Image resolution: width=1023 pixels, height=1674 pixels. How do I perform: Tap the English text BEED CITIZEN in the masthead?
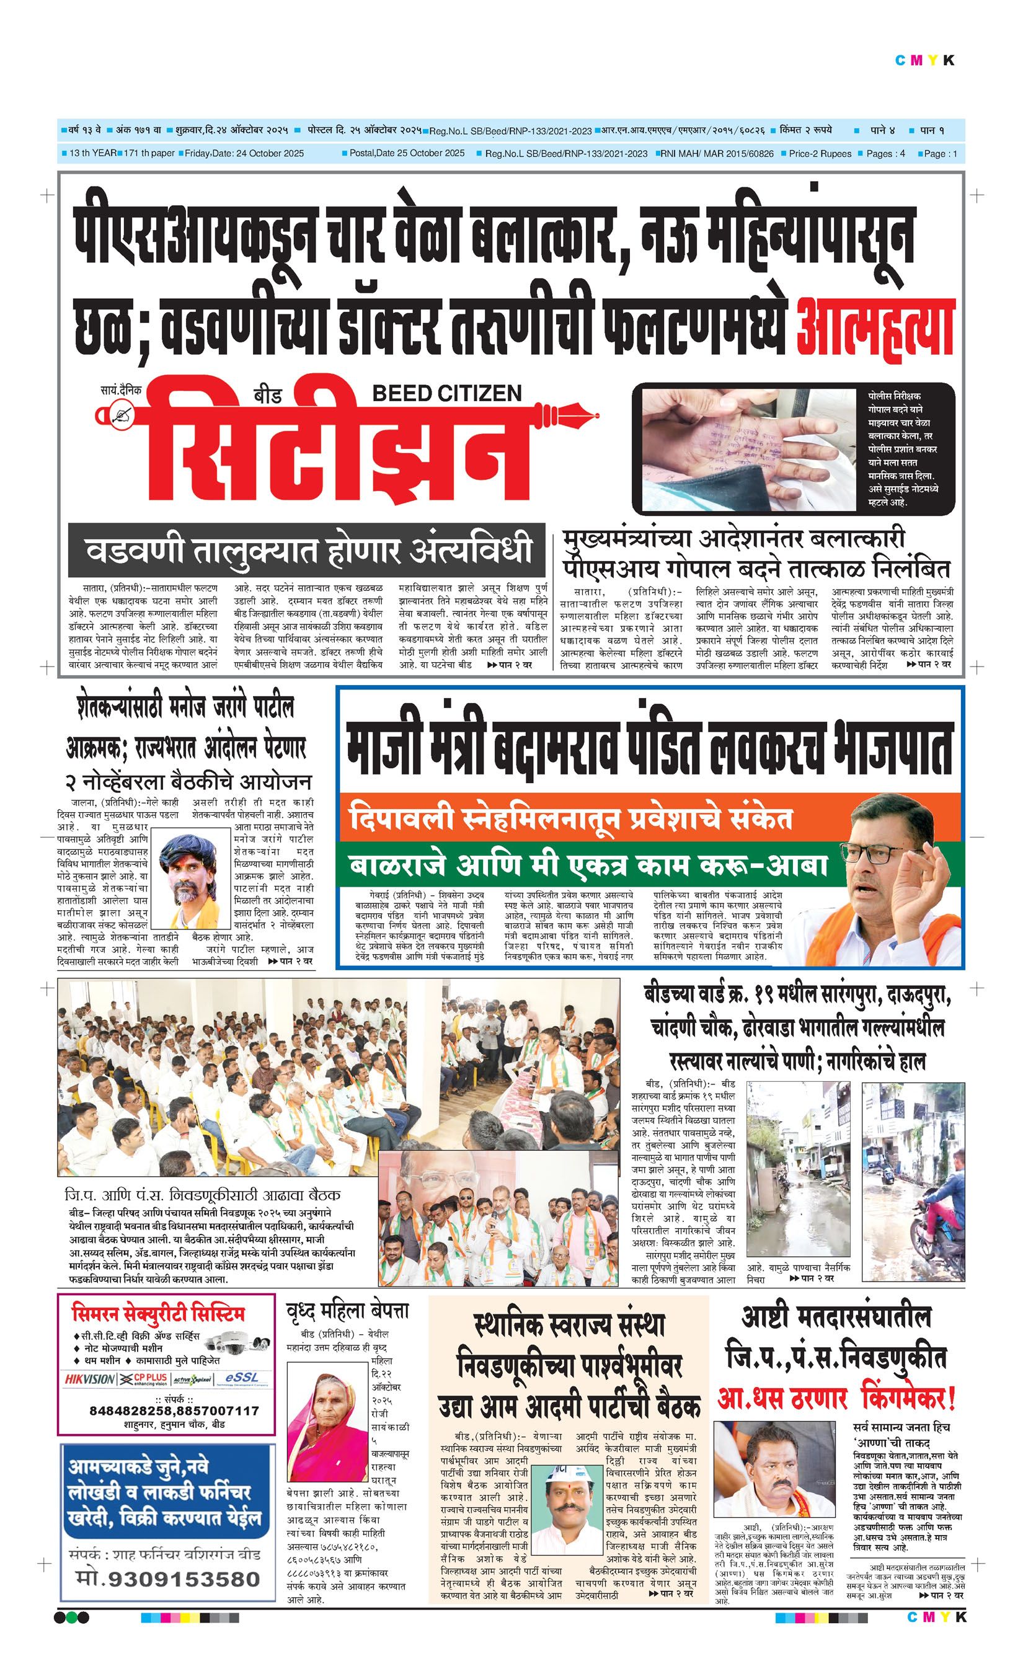pyautogui.click(x=446, y=392)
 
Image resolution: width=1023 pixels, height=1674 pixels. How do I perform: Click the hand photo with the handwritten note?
pyautogui.click(x=748, y=448)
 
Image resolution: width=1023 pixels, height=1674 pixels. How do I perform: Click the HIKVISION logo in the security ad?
pyautogui.click(x=90, y=1378)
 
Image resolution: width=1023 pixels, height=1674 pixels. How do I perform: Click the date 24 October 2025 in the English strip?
pyautogui.click(x=270, y=154)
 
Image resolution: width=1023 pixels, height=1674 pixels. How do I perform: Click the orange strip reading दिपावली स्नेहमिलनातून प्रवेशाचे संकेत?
pyautogui.click(x=570, y=818)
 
